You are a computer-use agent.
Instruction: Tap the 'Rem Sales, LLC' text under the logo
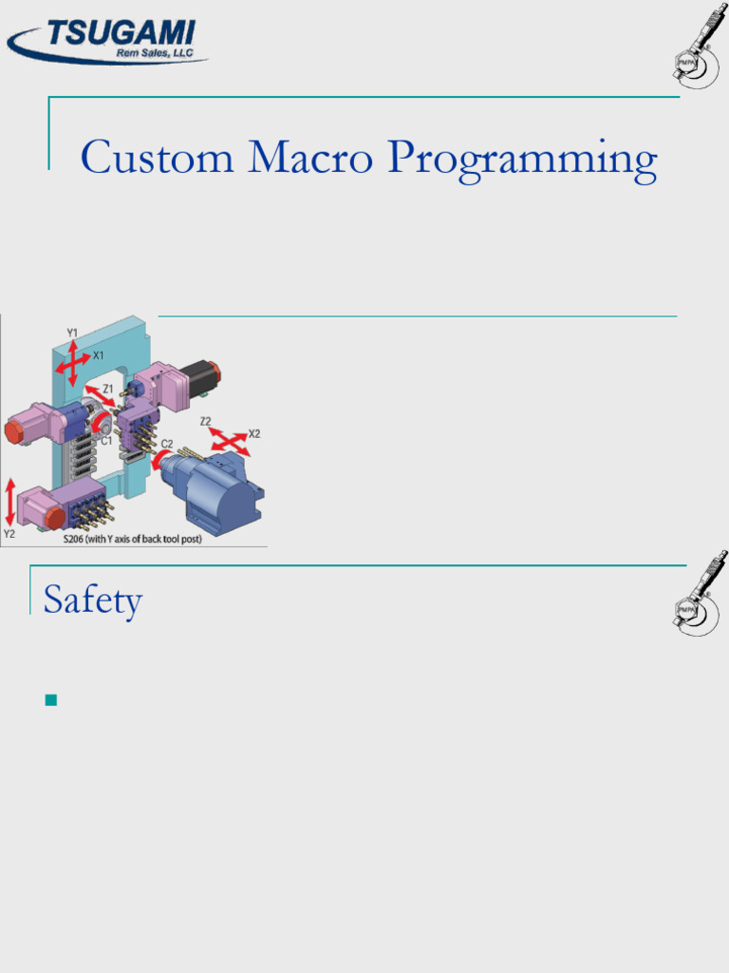coord(154,54)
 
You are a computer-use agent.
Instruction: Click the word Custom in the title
coord(157,158)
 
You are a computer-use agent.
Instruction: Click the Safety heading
coord(93,601)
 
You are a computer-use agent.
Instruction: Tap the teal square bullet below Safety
coord(51,701)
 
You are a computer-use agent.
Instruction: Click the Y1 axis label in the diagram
coord(72,333)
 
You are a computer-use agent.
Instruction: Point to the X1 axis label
coord(98,355)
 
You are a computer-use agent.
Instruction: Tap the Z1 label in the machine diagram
coord(108,389)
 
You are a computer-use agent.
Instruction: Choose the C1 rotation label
coord(106,441)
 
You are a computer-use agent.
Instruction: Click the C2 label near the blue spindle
coord(167,444)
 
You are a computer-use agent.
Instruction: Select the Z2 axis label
coord(206,421)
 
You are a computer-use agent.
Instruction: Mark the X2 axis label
coord(253,433)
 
